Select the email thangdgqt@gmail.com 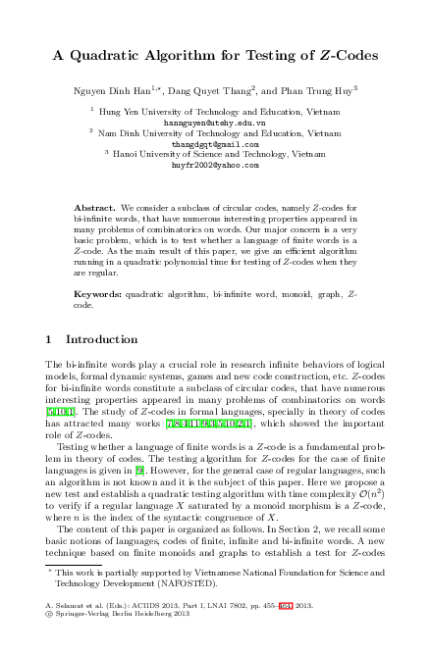point(215,144)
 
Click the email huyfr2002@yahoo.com point(215,166)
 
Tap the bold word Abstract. point(95,209)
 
